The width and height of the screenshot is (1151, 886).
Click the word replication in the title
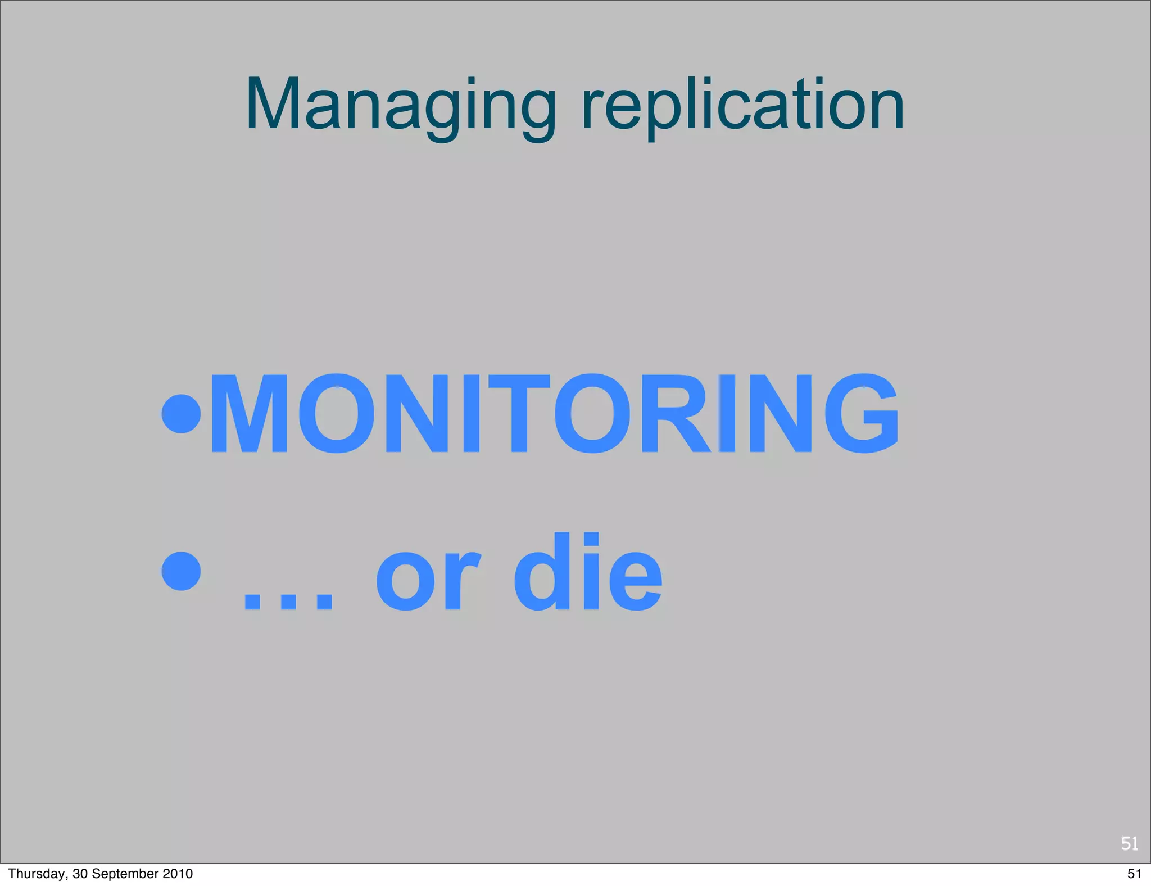tap(742, 107)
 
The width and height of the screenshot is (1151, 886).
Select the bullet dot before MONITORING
tap(181, 413)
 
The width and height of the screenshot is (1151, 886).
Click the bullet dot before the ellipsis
tap(181, 571)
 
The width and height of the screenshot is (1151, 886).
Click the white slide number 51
tap(1129, 843)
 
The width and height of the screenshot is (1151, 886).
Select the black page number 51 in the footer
tap(1134, 874)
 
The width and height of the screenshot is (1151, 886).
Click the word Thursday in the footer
tap(36, 874)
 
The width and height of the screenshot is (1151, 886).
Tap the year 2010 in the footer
tap(178, 874)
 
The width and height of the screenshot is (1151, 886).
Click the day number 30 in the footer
tap(79, 874)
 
